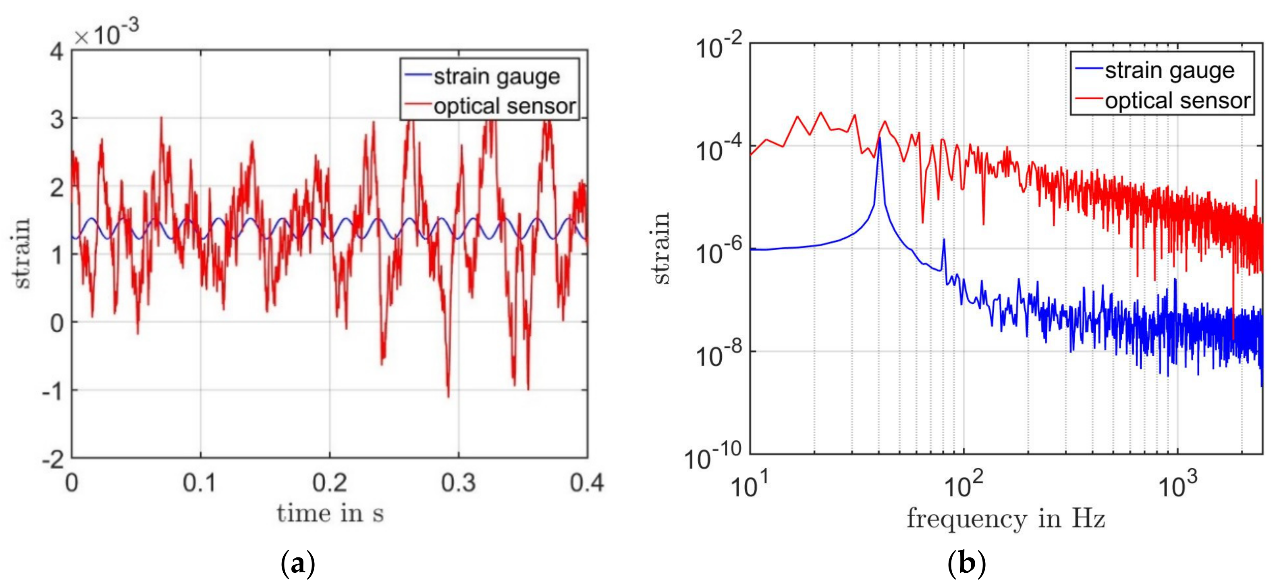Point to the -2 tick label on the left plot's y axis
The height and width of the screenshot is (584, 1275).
tap(54, 460)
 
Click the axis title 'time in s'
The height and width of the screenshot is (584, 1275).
tap(330, 513)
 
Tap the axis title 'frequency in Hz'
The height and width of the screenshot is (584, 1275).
tap(1006, 519)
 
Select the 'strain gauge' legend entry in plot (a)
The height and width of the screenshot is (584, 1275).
tap(496, 77)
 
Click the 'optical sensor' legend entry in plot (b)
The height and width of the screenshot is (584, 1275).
tap(1177, 100)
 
